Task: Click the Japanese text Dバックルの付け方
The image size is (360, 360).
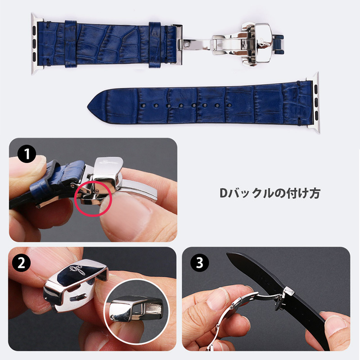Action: [270, 193]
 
